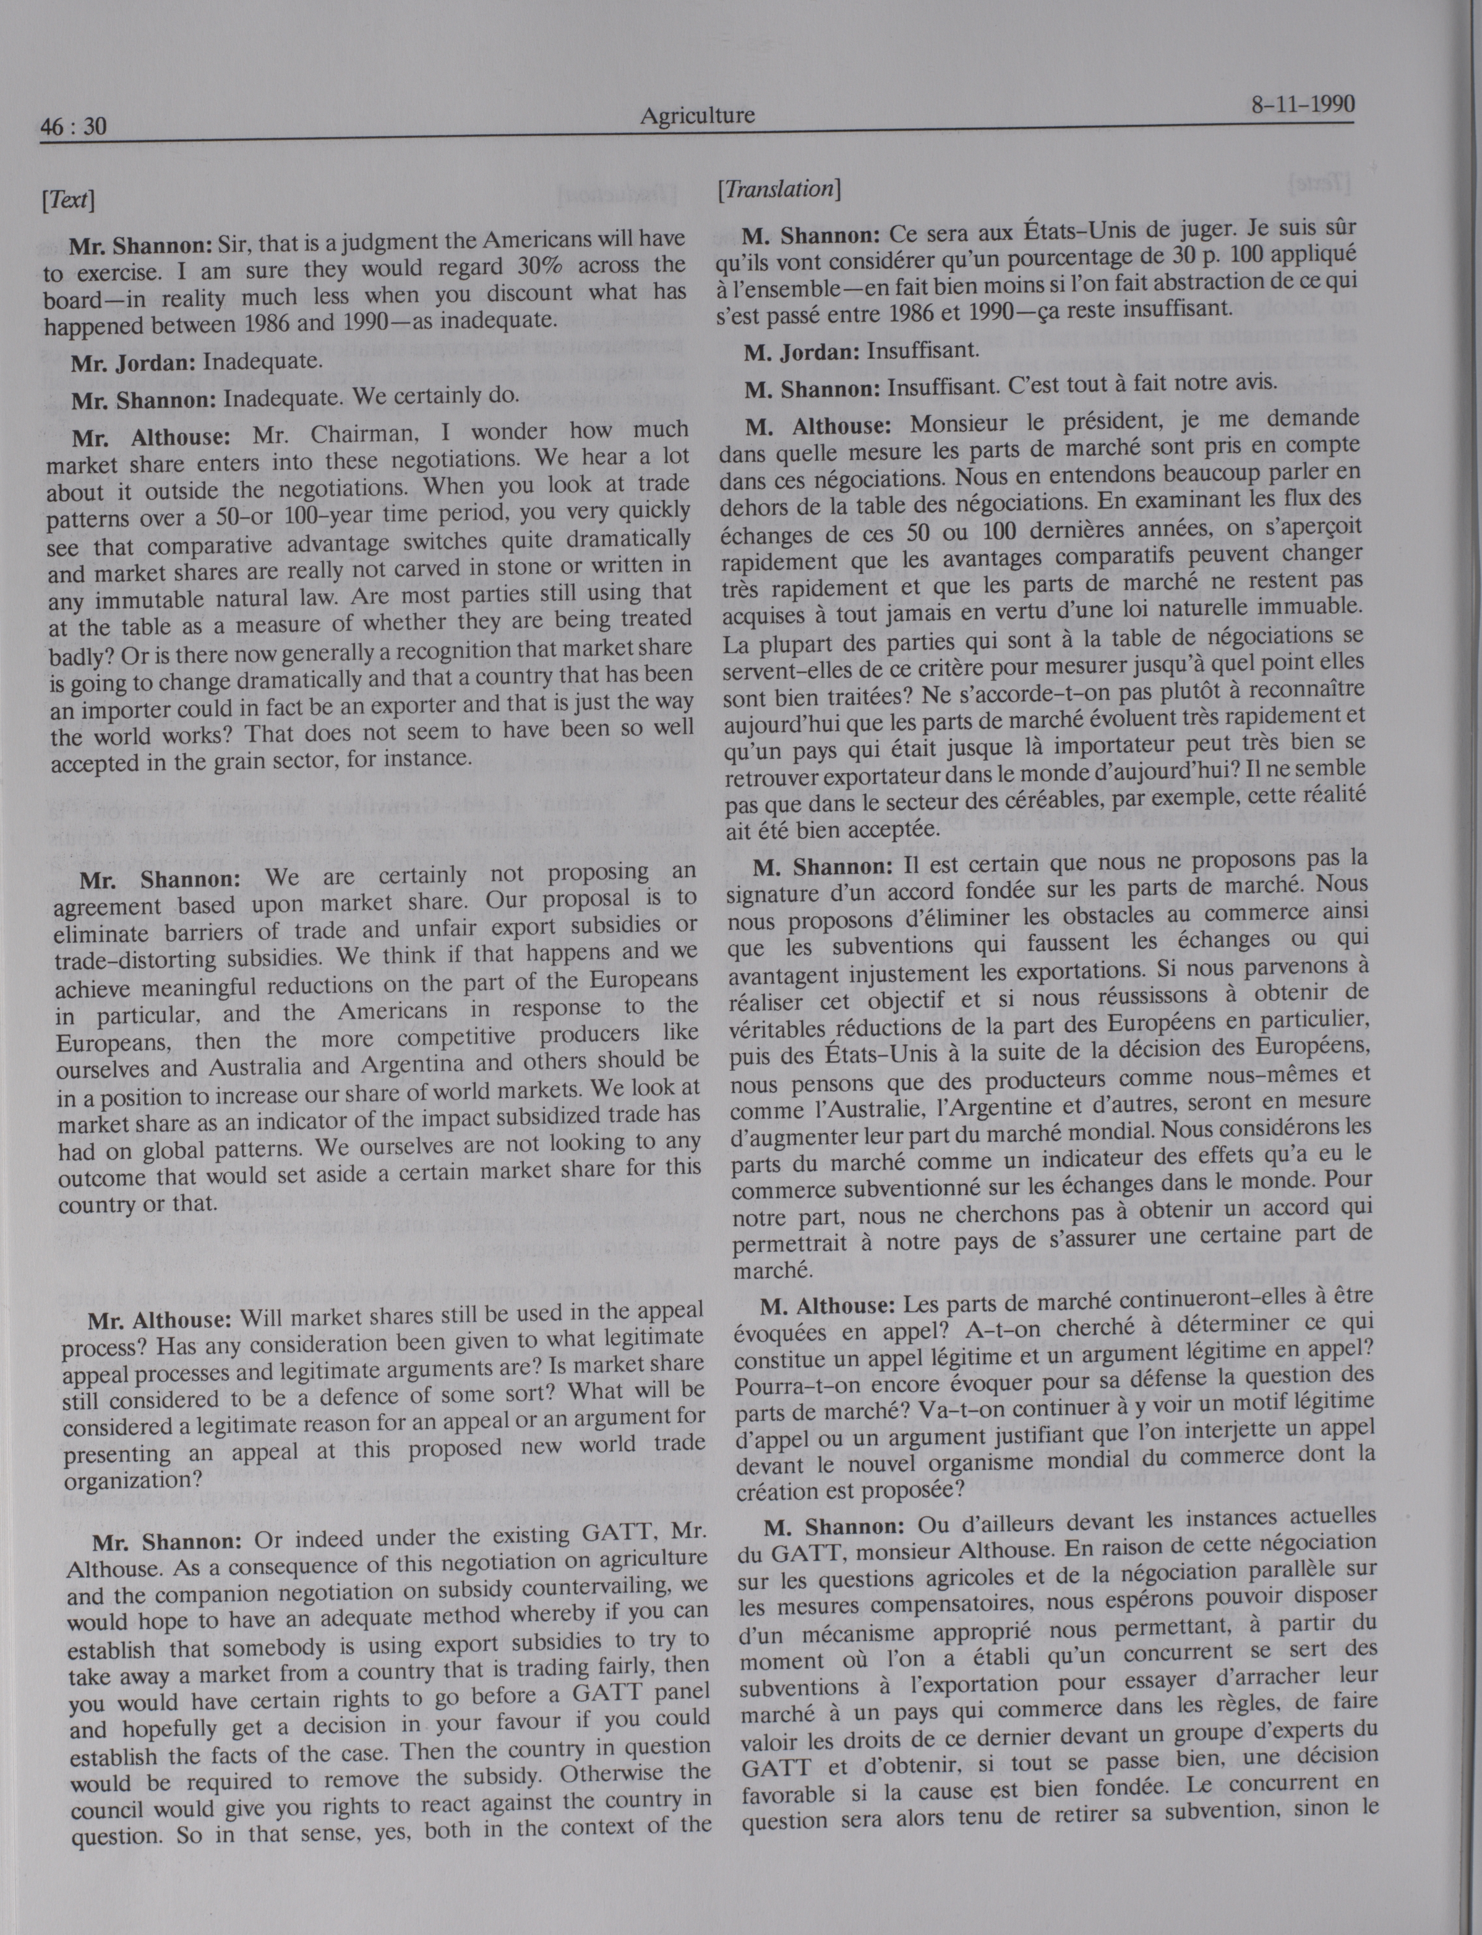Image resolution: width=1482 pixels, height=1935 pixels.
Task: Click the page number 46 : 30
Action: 73,127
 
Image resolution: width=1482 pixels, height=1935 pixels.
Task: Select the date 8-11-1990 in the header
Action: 1302,105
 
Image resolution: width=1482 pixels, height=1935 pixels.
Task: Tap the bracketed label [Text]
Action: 68,199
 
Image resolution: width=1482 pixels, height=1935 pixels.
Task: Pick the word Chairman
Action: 362,433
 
